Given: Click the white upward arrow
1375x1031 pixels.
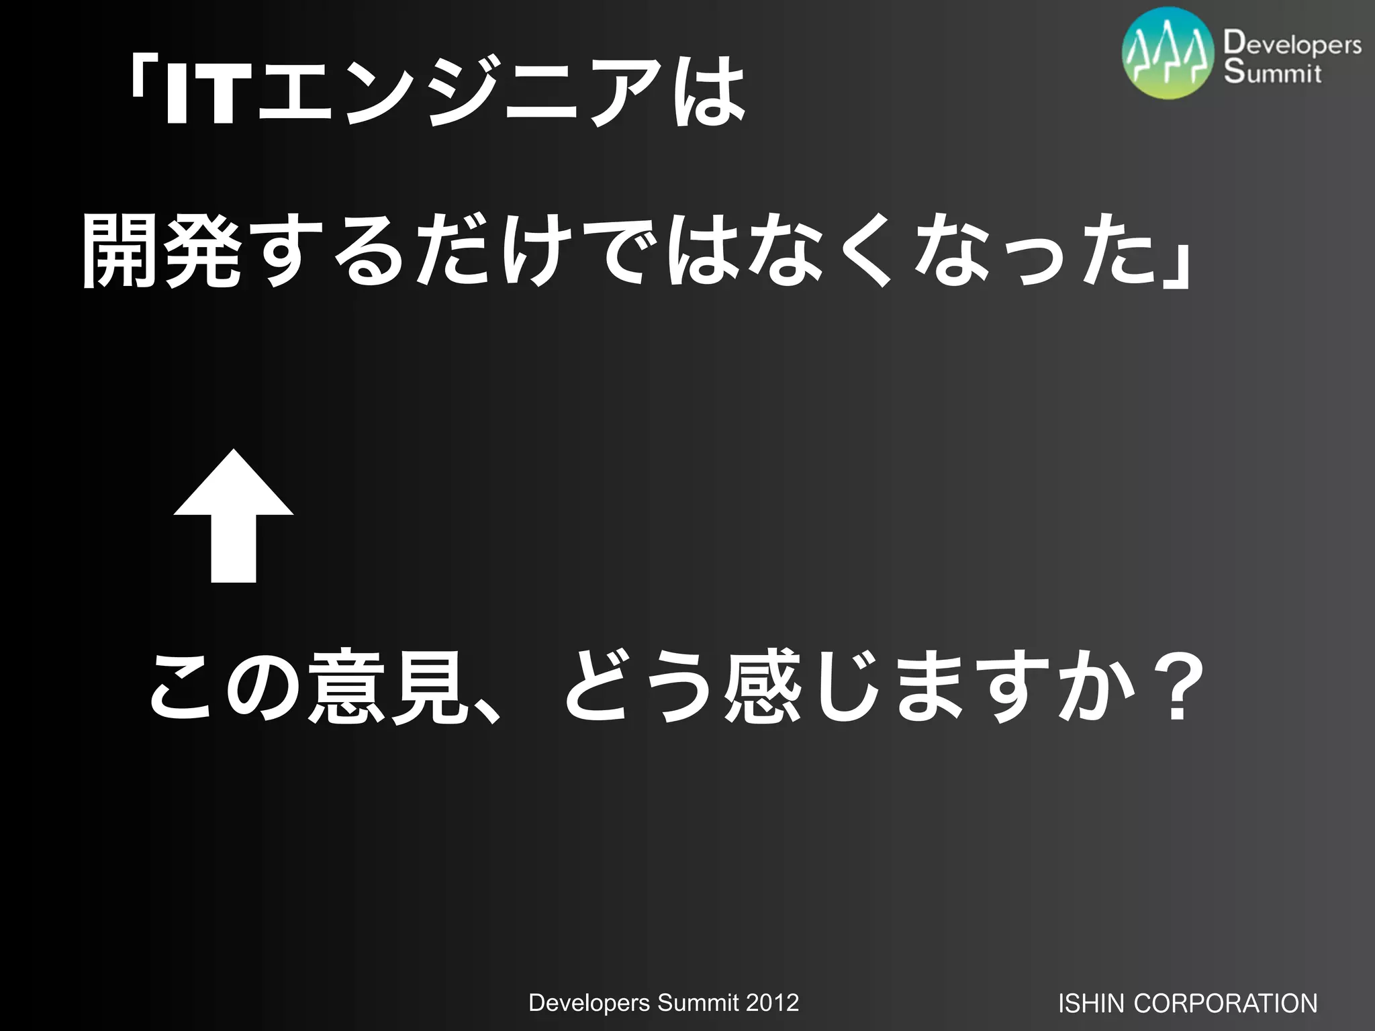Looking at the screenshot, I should (234, 517).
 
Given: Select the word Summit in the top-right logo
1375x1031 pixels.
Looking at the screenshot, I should (1272, 72).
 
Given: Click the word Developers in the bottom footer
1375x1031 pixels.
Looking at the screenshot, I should (589, 1003).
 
